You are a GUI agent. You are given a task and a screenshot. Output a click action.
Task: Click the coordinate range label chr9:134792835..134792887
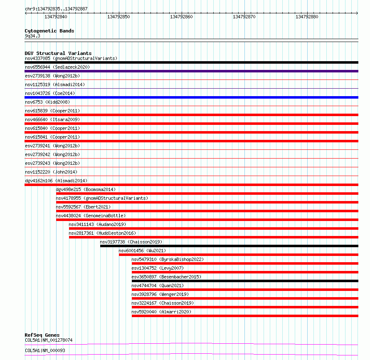[x=56, y=9]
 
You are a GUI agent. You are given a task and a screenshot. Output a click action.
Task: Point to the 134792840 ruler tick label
[x=56, y=17]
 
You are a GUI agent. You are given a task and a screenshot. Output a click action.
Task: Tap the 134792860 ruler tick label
[x=181, y=17]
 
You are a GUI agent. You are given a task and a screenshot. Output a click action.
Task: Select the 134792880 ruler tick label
[x=307, y=17]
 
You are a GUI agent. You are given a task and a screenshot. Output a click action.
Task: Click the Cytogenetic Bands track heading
[x=49, y=31]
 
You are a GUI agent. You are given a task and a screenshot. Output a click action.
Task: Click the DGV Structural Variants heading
[x=58, y=53]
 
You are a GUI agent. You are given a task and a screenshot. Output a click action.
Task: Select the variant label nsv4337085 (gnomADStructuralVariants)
[x=71, y=58]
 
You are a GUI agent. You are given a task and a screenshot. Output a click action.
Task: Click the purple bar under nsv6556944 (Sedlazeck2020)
[x=191, y=71]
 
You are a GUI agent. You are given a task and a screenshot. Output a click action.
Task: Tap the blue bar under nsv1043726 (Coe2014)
[x=191, y=97]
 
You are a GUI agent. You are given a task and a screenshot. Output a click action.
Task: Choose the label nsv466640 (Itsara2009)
[x=52, y=119]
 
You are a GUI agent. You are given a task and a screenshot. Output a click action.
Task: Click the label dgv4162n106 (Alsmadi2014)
[x=56, y=181]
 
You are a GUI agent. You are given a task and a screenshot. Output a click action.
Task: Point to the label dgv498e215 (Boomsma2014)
[x=86, y=189]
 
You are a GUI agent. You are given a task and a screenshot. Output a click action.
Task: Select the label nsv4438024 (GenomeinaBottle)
[x=91, y=216]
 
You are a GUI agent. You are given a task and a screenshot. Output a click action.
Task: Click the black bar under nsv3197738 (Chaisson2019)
[x=229, y=246]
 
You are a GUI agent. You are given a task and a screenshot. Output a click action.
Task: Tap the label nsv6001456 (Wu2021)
[x=142, y=251]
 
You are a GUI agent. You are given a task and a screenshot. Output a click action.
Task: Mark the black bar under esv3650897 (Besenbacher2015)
[x=244, y=281]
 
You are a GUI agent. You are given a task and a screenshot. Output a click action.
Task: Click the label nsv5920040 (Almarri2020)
[x=161, y=312]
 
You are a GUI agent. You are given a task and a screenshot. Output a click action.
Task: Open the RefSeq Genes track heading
[x=42, y=335]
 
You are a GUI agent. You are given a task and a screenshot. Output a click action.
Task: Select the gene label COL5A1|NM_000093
[x=44, y=350]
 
